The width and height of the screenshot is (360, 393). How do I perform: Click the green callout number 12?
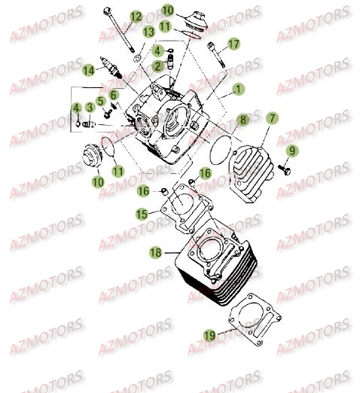[136, 17]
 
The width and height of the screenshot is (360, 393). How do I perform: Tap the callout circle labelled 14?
[90, 69]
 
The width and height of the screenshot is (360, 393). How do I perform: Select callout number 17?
[233, 44]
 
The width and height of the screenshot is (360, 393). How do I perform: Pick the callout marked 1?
[238, 89]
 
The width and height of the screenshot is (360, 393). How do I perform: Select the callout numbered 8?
[242, 120]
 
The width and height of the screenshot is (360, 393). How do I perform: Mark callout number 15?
[142, 215]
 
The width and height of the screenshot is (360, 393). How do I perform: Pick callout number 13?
[149, 31]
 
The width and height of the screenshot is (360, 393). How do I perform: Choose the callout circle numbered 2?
[157, 65]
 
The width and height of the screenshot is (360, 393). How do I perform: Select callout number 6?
[114, 95]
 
